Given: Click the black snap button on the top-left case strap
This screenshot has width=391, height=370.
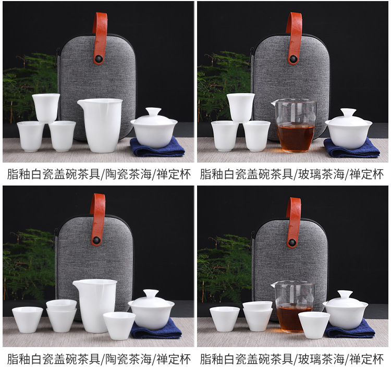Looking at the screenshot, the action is point(98,59).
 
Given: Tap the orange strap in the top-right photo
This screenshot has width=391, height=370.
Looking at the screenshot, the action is point(294,38).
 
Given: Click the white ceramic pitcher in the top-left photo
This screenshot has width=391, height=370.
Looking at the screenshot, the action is point(101,125).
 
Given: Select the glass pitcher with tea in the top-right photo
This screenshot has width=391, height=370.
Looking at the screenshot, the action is point(295,126).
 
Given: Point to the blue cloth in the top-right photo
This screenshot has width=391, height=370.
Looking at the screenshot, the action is point(351,149).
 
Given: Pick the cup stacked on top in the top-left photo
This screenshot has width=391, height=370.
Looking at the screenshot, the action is point(46,108).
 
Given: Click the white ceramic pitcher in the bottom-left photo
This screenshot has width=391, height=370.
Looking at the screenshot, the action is point(95,306).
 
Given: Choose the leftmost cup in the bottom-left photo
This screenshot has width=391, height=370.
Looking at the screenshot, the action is point(28,319).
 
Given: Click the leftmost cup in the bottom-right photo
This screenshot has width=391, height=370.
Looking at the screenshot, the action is point(224,319).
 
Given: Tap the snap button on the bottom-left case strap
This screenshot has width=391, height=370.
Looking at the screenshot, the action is point(96,241).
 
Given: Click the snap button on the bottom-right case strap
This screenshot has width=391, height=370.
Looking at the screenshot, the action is point(291,242).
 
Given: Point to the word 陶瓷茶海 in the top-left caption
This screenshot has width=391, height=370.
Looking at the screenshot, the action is point(128,174).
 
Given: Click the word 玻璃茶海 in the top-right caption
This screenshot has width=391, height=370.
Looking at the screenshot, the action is point(321,174).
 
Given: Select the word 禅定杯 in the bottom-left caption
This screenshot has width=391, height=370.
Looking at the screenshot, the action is point(174,359).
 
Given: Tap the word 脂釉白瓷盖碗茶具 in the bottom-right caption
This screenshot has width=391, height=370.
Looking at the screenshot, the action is point(247,359).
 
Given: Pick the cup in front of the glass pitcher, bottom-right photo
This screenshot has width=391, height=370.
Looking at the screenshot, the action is point(314,325).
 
